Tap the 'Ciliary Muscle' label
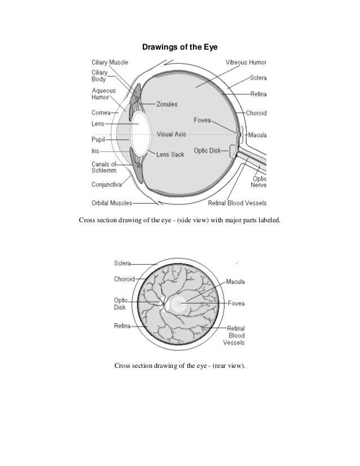110,62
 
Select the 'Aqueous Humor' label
104,94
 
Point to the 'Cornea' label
102,113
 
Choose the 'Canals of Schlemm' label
104,168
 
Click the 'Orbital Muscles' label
112,203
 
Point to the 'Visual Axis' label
173,134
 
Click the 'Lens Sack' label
170,154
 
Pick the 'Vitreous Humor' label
246,62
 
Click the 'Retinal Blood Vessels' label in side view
238,203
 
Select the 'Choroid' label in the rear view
124,279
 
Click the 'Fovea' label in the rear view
236,303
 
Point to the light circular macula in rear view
179,305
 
